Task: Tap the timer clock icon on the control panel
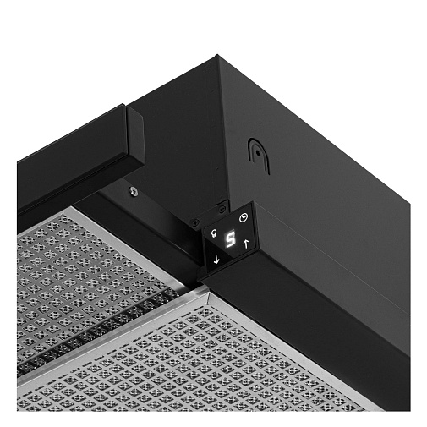[244, 218]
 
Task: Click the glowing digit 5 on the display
[230, 239]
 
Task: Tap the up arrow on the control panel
[246, 244]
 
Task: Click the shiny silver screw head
[134, 192]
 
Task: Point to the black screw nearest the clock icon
[222, 209]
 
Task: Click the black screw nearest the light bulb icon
[194, 222]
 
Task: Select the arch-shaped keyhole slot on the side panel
[259, 156]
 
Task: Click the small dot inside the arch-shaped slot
[258, 153]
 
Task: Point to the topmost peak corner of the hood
[217, 55]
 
